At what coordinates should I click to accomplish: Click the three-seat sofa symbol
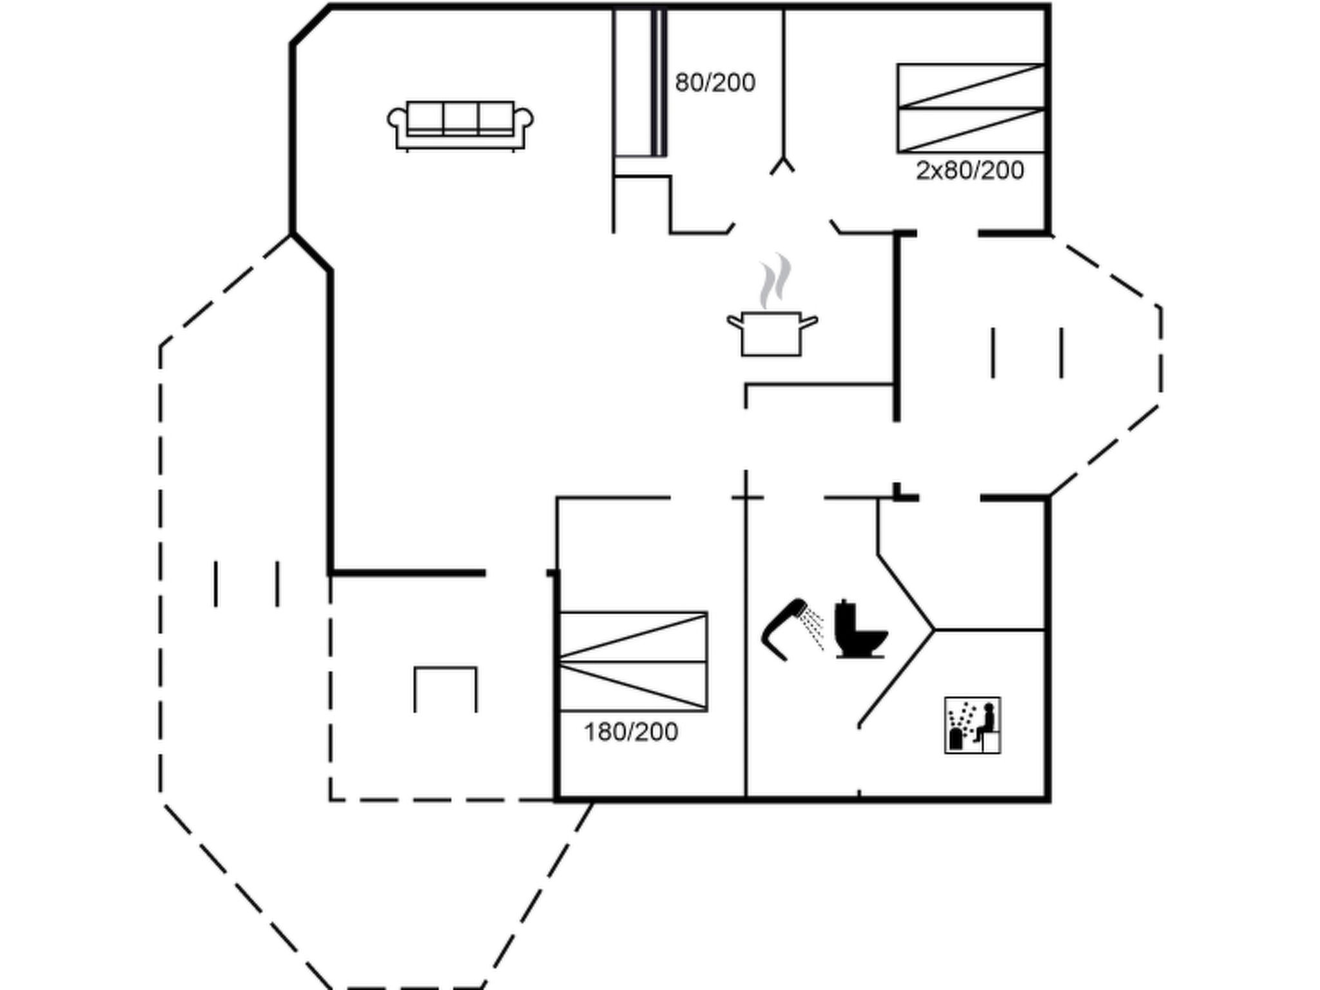pyautogui.click(x=460, y=126)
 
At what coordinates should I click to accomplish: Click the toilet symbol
pyautogui.click(x=860, y=629)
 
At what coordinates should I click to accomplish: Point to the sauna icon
pyautogui.click(x=973, y=724)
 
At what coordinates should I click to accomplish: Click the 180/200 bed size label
pyautogui.click(x=631, y=732)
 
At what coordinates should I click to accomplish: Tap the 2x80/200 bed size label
pyautogui.click(x=970, y=171)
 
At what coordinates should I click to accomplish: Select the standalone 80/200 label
pyautogui.click(x=715, y=82)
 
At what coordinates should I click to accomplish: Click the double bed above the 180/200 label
pyautogui.click(x=633, y=661)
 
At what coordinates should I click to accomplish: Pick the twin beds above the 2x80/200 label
pyautogui.click(x=971, y=108)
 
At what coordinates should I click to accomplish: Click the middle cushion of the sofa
pyautogui.click(x=461, y=117)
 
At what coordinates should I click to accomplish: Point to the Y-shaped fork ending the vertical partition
pyautogui.click(x=783, y=165)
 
